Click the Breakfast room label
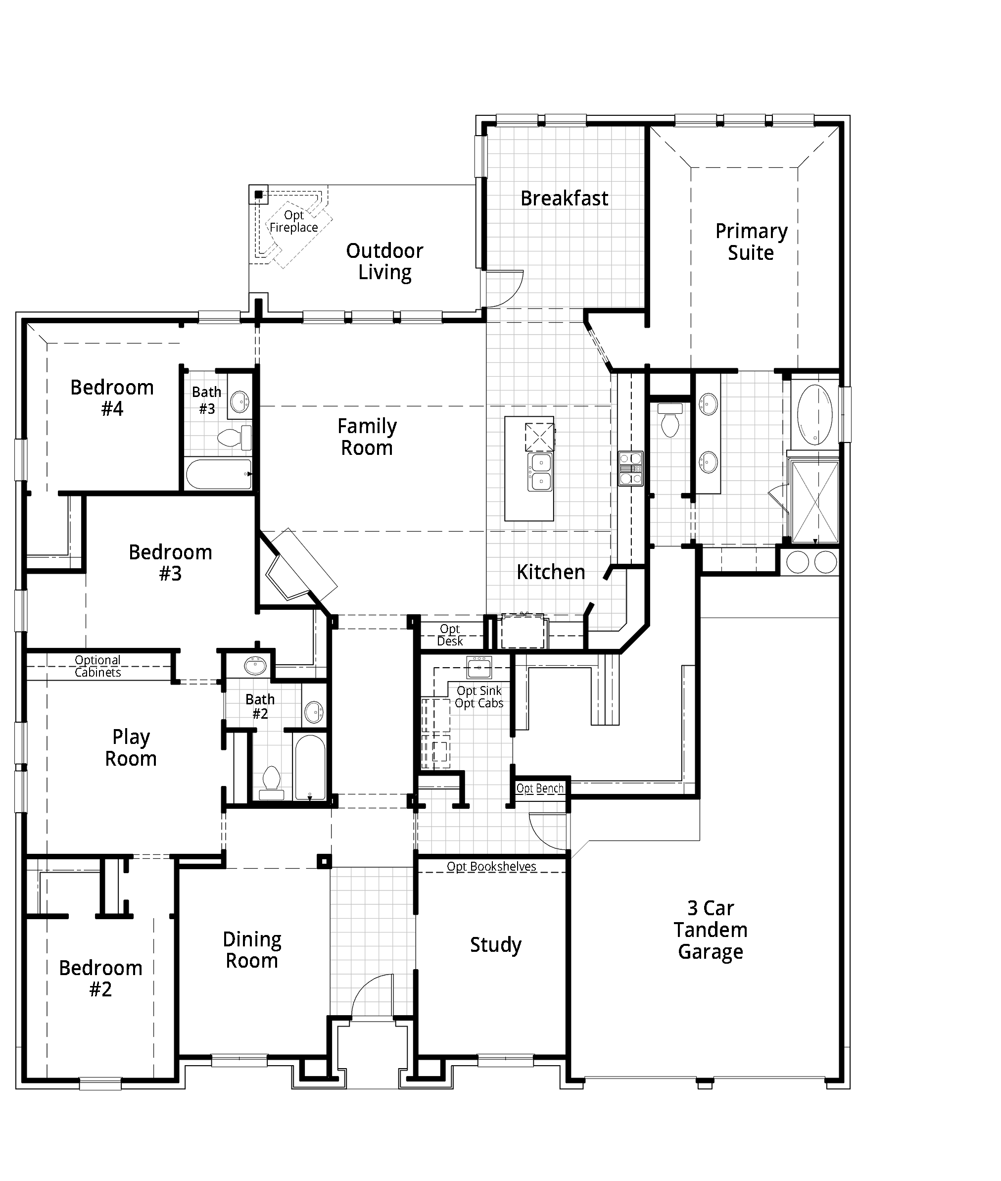tap(564, 198)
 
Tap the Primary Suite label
tap(751, 242)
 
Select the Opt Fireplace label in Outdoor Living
tap(293, 221)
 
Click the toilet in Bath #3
tap(234, 438)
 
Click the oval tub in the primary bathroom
tap(814, 414)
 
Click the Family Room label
tap(367, 437)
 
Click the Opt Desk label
tap(450, 635)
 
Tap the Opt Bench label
tap(540, 788)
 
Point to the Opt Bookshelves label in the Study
tap(491, 867)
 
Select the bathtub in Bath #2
tap(310, 767)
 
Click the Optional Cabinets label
tap(97, 666)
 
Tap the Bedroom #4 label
tap(112, 398)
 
